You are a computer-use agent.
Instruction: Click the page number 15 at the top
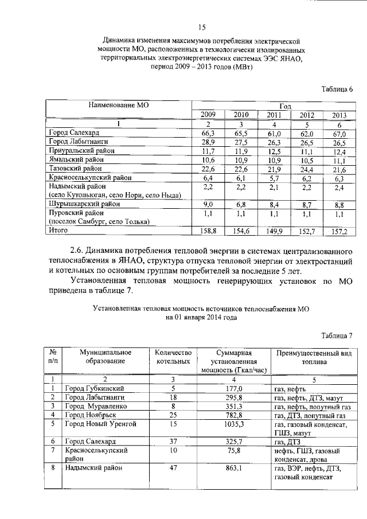202,26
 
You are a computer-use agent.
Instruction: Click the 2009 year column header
208,115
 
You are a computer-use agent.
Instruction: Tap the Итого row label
58,230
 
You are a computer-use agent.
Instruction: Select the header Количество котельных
173,357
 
